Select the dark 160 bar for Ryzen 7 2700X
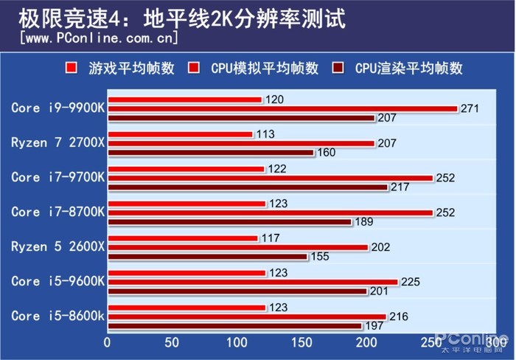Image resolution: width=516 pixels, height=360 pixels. (x=211, y=153)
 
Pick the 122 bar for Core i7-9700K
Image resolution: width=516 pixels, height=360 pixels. (x=186, y=169)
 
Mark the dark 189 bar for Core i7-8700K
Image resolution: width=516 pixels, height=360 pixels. (x=230, y=222)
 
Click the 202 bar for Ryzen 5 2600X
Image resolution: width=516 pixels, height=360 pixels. (x=238, y=247)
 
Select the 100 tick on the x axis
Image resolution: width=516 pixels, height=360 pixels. (x=237, y=343)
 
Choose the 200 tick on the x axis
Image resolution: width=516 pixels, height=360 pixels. (x=367, y=343)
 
